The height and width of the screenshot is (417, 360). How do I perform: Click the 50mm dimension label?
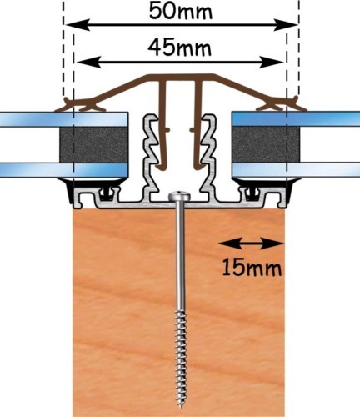tap(180, 12)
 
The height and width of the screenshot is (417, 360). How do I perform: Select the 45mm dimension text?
tap(179, 48)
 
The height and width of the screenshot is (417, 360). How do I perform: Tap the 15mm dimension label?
tap(252, 268)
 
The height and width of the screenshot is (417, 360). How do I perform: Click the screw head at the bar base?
tap(179, 197)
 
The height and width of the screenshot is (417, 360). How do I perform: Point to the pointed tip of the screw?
tap(181, 408)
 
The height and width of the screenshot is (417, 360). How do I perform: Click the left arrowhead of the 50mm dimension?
tap(77, 25)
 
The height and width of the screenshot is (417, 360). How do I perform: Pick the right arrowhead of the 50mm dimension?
tap(286, 25)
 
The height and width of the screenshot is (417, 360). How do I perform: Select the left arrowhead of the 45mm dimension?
tap(88, 62)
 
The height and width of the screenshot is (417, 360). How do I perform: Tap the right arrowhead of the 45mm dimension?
tap(271, 62)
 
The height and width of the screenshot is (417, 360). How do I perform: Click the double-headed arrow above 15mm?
tap(252, 244)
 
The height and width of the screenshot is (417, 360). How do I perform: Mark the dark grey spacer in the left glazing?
tap(93, 144)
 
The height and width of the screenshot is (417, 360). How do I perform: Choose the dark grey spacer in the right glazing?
tap(266, 144)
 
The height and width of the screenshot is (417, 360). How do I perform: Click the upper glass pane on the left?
tap(64, 119)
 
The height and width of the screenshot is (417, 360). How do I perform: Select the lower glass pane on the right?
tap(296, 170)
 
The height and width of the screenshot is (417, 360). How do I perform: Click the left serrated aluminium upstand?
tap(152, 157)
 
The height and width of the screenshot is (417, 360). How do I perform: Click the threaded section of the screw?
tap(181, 359)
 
